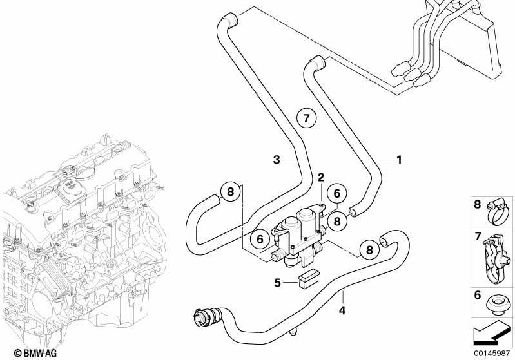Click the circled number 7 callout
point(306,117)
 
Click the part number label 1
point(399,160)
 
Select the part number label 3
point(277,160)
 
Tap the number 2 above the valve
point(320,178)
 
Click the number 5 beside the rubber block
point(278,282)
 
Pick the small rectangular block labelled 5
point(309,279)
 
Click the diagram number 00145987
point(492,353)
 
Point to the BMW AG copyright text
point(35,353)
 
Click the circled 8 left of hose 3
point(230,191)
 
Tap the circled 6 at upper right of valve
point(337,194)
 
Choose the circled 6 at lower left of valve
point(260,239)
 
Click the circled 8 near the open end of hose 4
point(369,250)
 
